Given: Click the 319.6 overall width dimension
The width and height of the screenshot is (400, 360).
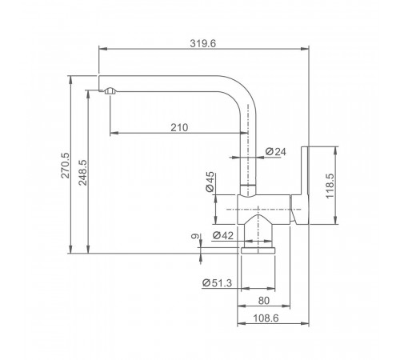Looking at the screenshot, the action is tap(203, 43).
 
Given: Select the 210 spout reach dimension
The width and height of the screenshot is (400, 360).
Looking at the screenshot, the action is tap(179, 127).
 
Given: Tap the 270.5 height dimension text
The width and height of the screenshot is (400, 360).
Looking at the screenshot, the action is tap(66, 166).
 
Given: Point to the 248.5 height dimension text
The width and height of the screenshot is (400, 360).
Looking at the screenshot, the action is tap(83, 172).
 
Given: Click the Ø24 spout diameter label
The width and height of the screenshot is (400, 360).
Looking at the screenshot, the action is tap(276, 152).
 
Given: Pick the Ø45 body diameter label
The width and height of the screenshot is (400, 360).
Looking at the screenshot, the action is tap(210, 182).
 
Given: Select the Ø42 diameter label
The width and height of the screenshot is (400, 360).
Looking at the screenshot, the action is tap(223, 235).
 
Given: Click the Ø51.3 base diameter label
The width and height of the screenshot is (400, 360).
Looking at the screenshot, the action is tap(217, 282).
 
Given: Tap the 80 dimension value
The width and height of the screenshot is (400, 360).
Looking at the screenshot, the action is tap(264, 301).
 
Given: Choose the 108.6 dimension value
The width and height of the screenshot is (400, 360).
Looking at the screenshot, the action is tap(266, 318).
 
